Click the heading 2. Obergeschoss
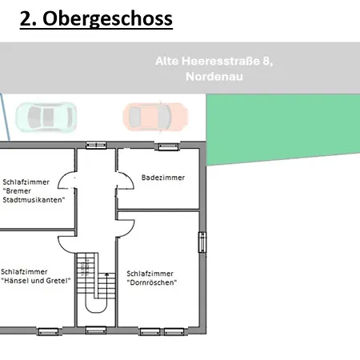[x=96, y=18]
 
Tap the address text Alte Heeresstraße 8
[x=214, y=61]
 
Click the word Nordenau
[x=214, y=77]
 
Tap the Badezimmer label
[x=162, y=178]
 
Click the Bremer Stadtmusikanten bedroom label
[x=34, y=190]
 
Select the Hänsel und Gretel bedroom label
[x=36, y=276]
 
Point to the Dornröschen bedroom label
[x=151, y=278]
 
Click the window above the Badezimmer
[x=168, y=146]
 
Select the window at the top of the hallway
[x=96, y=145]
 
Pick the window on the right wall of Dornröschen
[x=201, y=242]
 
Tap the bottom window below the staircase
[x=96, y=329]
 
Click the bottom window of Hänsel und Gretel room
[x=47, y=330]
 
